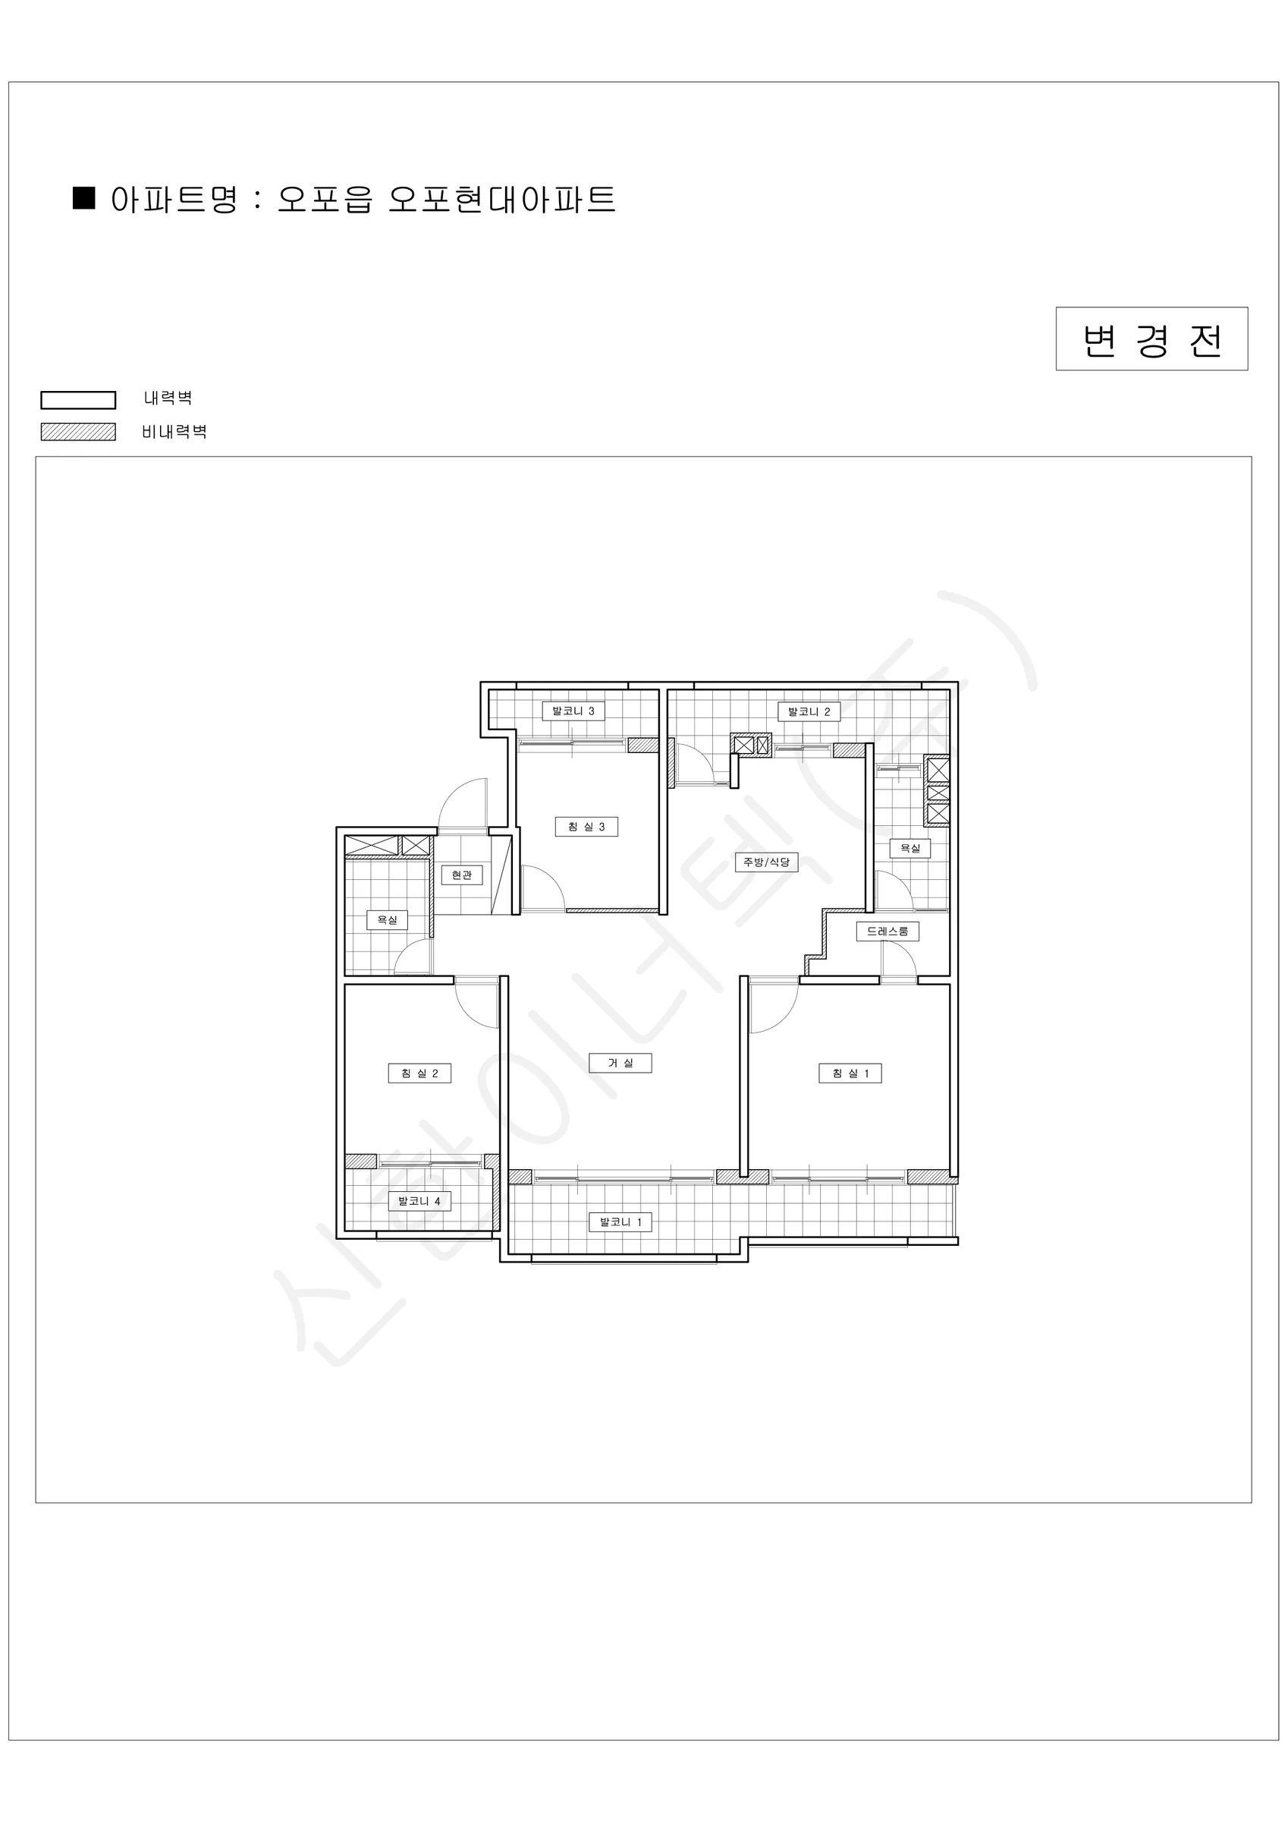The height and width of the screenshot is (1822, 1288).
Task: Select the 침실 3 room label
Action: (586, 826)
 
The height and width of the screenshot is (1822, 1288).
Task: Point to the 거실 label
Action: (620, 1063)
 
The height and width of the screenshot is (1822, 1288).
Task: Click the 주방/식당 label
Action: (766, 862)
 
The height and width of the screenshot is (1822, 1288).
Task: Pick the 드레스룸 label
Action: (887, 931)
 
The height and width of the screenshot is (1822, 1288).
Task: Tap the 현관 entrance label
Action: (462, 875)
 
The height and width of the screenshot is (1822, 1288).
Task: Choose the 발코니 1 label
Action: (620, 1222)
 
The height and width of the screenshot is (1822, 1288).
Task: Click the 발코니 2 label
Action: (809, 711)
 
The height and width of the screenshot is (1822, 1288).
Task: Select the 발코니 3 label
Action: (573, 711)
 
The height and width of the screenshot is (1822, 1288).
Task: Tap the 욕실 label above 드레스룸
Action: (909, 848)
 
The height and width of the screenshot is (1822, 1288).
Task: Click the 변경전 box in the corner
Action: (1151, 339)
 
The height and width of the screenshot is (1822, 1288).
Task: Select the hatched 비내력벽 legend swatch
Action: (79, 432)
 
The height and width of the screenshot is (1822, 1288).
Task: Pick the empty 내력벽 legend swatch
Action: (79, 400)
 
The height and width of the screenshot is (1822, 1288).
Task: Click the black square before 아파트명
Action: (84, 197)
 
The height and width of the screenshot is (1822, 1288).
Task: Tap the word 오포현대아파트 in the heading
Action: (502, 199)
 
